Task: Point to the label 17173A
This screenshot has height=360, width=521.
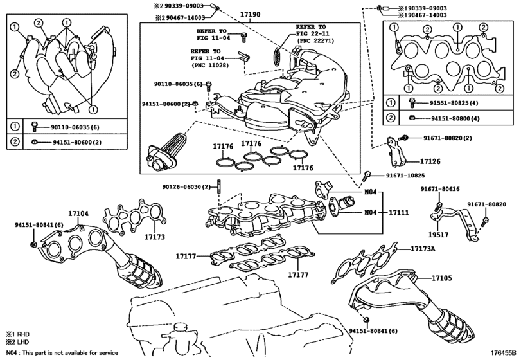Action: (x=413, y=248)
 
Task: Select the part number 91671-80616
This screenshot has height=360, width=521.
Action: (x=440, y=189)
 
